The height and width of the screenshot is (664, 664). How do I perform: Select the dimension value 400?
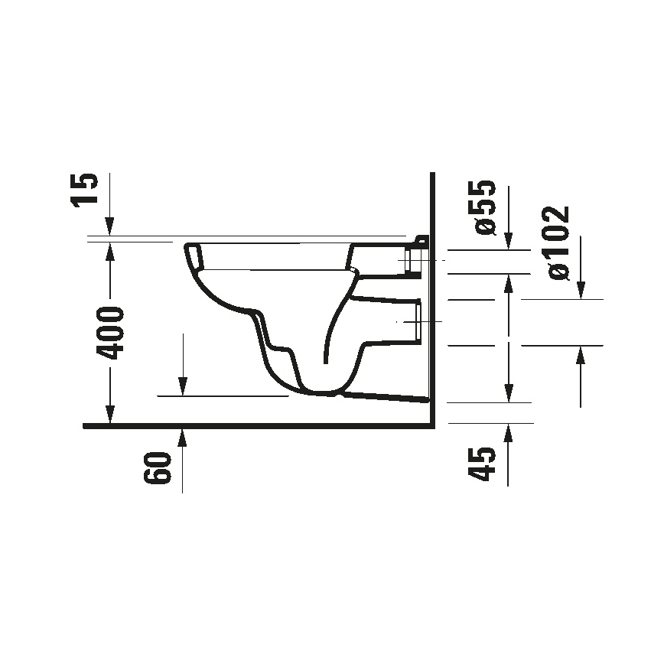click(x=111, y=333)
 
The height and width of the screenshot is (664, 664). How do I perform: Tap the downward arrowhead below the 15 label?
click(x=110, y=226)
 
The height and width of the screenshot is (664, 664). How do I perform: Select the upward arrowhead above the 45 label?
click(x=508, y=431)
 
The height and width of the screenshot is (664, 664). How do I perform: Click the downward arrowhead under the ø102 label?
click(x=581, y=290)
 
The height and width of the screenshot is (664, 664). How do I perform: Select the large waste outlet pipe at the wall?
click(x=418, y=321)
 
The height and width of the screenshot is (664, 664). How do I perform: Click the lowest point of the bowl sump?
click(x=325, y=395)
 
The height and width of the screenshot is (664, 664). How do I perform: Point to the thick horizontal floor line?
click(x=252, y=425)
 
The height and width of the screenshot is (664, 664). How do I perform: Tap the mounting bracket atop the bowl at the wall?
click(x=422, y=240)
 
